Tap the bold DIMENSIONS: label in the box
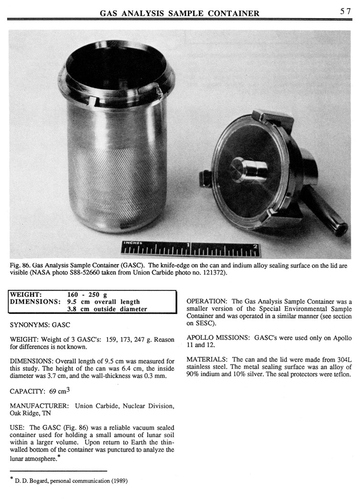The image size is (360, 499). click(36, 302)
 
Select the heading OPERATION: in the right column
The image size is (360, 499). click(207, 302)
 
